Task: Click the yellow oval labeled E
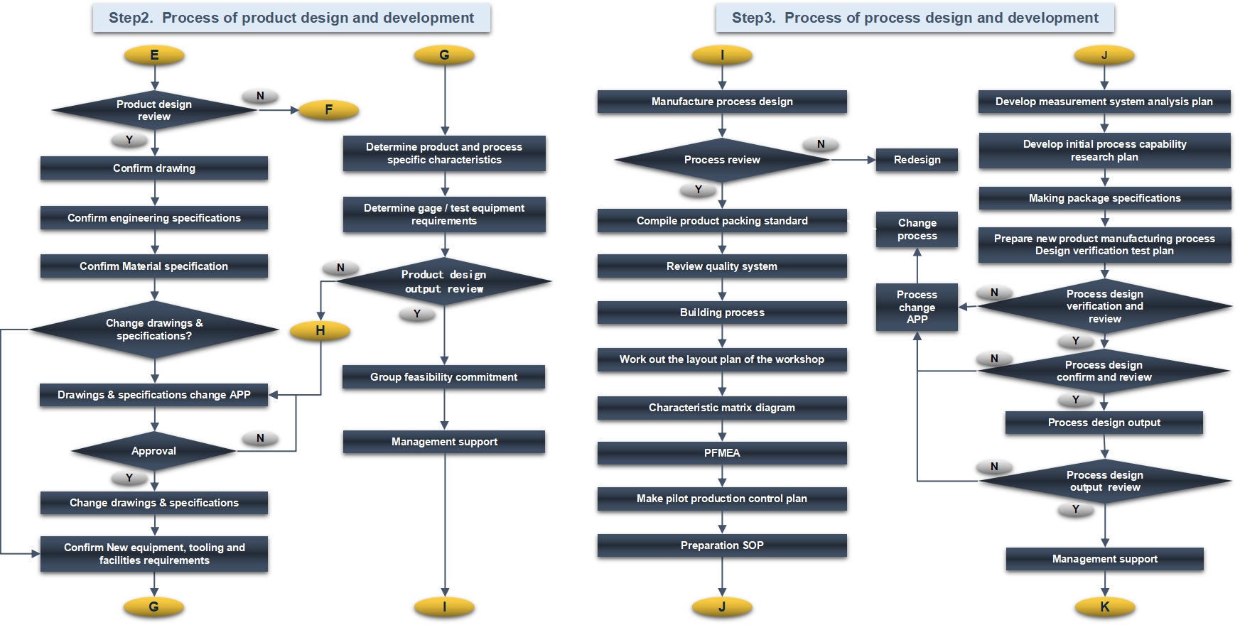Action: (x=154, y=55)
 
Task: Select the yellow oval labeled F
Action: (x=328, y=109)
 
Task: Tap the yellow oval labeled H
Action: (x=320, y=330)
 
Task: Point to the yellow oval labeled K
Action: (x=1104, y=607)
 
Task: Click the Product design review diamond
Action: (x=154, y=110)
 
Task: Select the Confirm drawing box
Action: (x=154, y=168)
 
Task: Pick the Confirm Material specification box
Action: (x=154, y=266)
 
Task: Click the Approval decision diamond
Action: (x=153, y=451)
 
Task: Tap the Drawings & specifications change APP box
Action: (x=154, y=395)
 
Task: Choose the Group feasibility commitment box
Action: (x=443, y=377)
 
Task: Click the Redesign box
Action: (x=917, y=160)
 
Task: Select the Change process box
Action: (x=917, y=229)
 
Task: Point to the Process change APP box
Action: (x=917, y=307)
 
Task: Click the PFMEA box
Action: (x=722, y=453)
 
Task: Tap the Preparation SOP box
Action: (x=722, y=545)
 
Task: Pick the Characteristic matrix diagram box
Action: (x=722, y=408)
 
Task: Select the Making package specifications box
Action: (x=1104, y=198)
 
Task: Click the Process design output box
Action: (x=1104, y=423)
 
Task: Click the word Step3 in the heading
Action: (x=753, y=18)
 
